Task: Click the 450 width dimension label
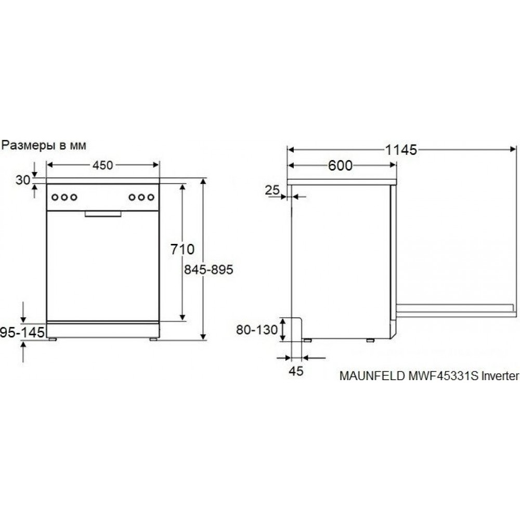(x=102, y=165)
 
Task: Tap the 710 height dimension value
(x=183, y=249)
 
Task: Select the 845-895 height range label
(x=209, y=269)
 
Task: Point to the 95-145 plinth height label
(x=22, y=332)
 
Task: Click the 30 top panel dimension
(x=23, y=180)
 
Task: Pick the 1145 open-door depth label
(x=400, y=150)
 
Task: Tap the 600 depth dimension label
(x=340, y=165)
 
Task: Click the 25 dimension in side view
(x=272, y=190)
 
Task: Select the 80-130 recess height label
(x=257, y=330)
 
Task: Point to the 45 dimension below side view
(x=296, y=371)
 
